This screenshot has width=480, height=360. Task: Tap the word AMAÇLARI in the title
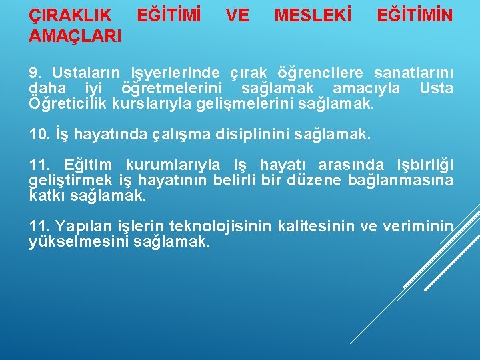click(x=75, y=36)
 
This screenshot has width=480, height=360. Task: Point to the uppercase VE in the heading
click(x=237, y=14)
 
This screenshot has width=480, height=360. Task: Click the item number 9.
click(x=37, y=72)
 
